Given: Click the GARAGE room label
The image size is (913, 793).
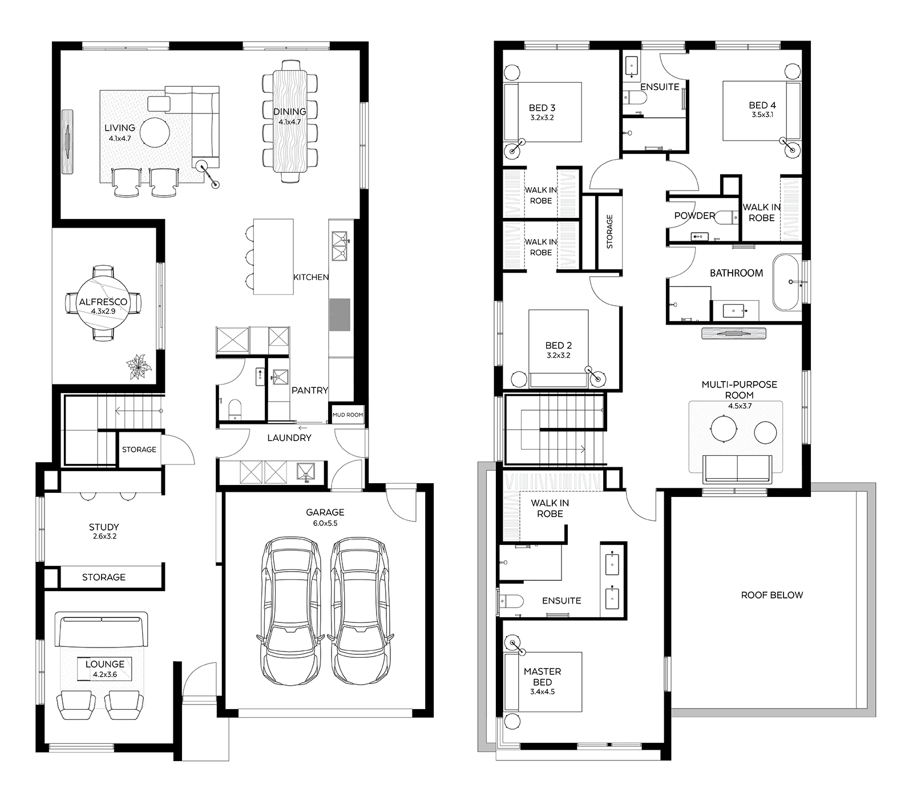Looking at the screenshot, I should coord(325,512).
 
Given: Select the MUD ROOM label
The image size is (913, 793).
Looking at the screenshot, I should coord(348,415).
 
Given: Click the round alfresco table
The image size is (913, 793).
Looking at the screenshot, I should coord(103,302).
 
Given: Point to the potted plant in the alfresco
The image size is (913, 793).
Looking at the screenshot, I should coord(139,366).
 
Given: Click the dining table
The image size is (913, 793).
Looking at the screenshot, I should coord(290,121).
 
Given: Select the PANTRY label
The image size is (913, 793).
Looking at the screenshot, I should coord(310,390).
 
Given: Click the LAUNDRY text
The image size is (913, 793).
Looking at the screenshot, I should coord(289,438).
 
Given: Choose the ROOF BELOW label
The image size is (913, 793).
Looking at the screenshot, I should coord(771,595).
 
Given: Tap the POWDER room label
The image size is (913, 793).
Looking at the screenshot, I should coord(694,216).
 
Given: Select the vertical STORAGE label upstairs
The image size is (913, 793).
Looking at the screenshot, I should coord(609,232).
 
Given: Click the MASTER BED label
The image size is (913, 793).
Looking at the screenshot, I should coord(542,677).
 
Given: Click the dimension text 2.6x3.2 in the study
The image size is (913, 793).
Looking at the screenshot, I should coord(104,537).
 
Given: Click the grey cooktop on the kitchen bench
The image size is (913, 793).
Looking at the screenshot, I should coord(340,314).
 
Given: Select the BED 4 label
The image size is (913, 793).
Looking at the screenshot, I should coord(762,105).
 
